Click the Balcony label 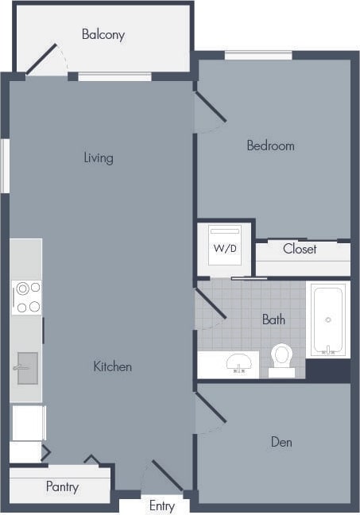tap(103, 35)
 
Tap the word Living tap(99, 157)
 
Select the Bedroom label tap(270, 145)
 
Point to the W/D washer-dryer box tap(225, 248)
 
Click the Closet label tap(300, 249)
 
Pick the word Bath tap(273, 319)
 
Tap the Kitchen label tap(113, 366)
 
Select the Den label tap(281, 442)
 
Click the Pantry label tap(62, 486)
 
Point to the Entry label tap(162, 506)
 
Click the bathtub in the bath tap(327, 319)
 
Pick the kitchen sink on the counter tap(27, 368)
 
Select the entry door tap(167, 475)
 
